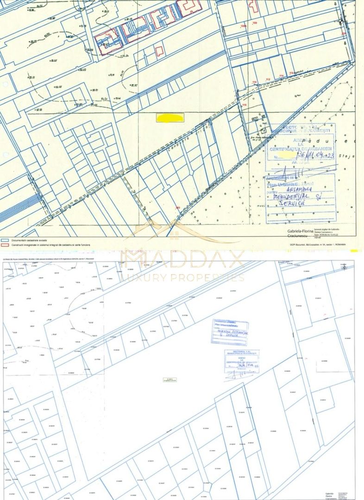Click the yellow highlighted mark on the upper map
pyautogui.click(x=170, y=118)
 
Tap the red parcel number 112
pyautogui.click(x=267, y=80)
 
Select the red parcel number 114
pyautogui.click(x=281, y=75)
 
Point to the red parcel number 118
pyautogui.click(x=244, y=105)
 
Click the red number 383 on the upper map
pyautogui.click(x=178, y=207)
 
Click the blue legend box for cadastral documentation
pyautogui.click(x=5, y=240)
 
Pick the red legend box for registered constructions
pyautogui.click(x=5, y=244)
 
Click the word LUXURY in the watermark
pyautogui.click(x=144, y=278)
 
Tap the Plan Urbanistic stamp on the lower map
pyautogui.click(x=229, y=332)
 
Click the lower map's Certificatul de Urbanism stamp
pyautogui.click(x=242, y=362)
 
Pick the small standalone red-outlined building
pyautogui.click(x=159, y=50)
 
